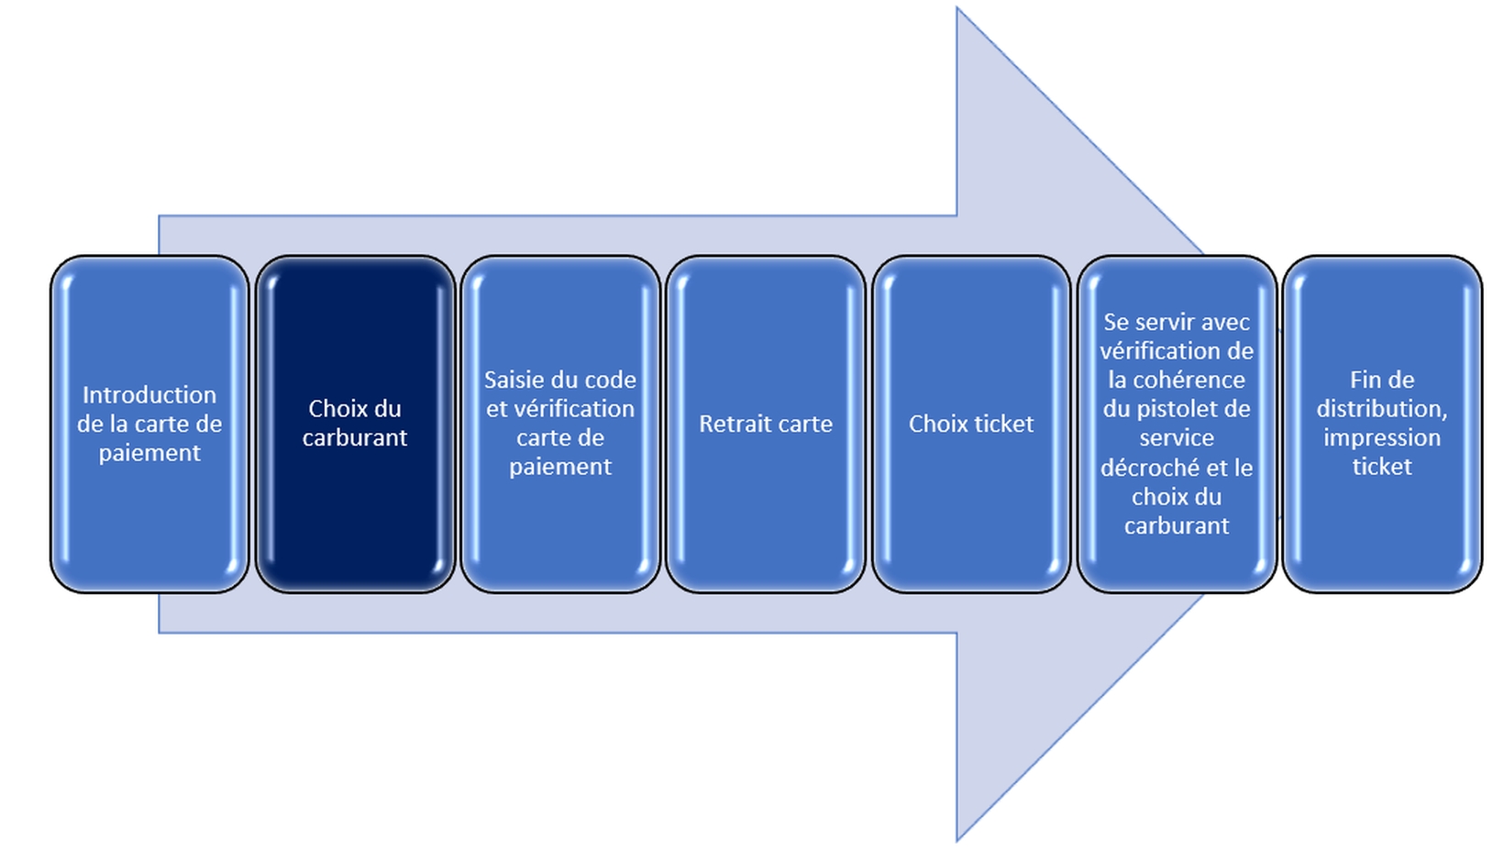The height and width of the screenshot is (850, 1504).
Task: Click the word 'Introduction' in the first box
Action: click(x=149, y=395)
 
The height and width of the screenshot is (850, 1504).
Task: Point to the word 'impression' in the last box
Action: click(x=1382, y=437)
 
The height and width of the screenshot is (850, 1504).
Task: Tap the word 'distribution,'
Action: click(x=1382, y=409)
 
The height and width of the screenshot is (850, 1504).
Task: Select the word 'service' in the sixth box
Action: click(x=1177, y=438)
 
